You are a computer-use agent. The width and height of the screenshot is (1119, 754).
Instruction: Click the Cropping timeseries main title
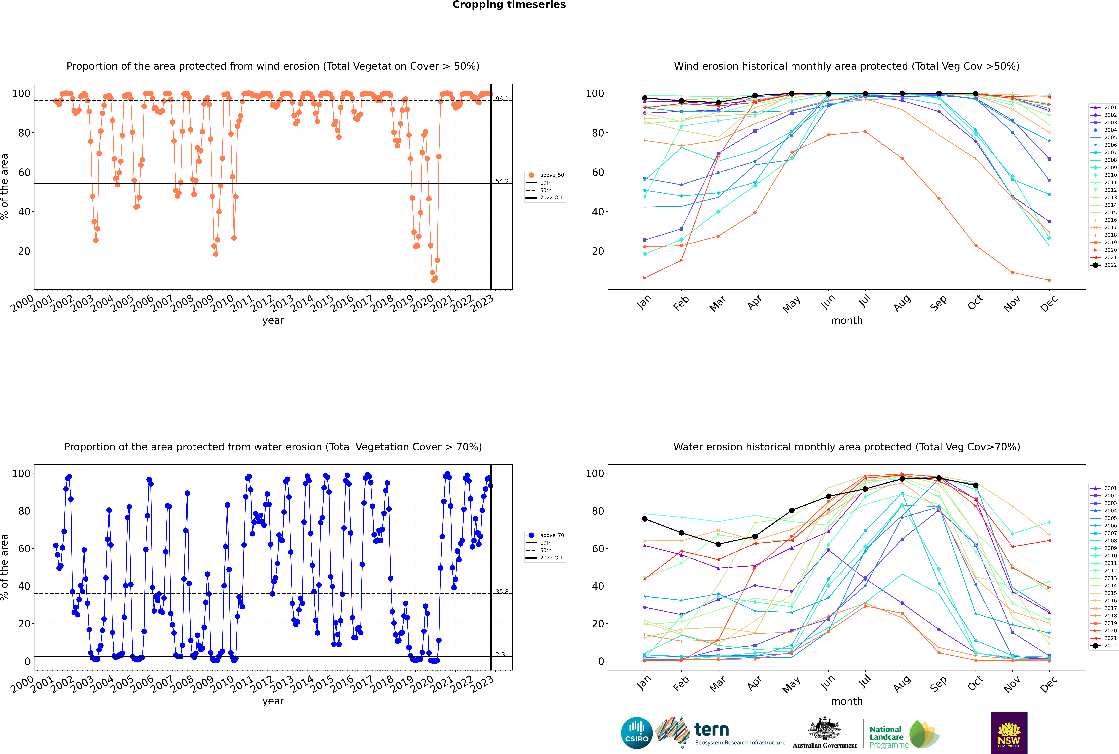click(x=509, y=5)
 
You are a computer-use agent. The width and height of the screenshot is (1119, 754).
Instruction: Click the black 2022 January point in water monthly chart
click(x=645, y=519)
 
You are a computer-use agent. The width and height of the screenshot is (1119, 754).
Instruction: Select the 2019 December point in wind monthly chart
click(x=1049, y=280)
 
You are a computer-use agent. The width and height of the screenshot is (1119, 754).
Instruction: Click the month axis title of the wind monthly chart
click(x=847, y=321)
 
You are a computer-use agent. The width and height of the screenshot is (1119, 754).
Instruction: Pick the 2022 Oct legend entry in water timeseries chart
click(x=551, y=558)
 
